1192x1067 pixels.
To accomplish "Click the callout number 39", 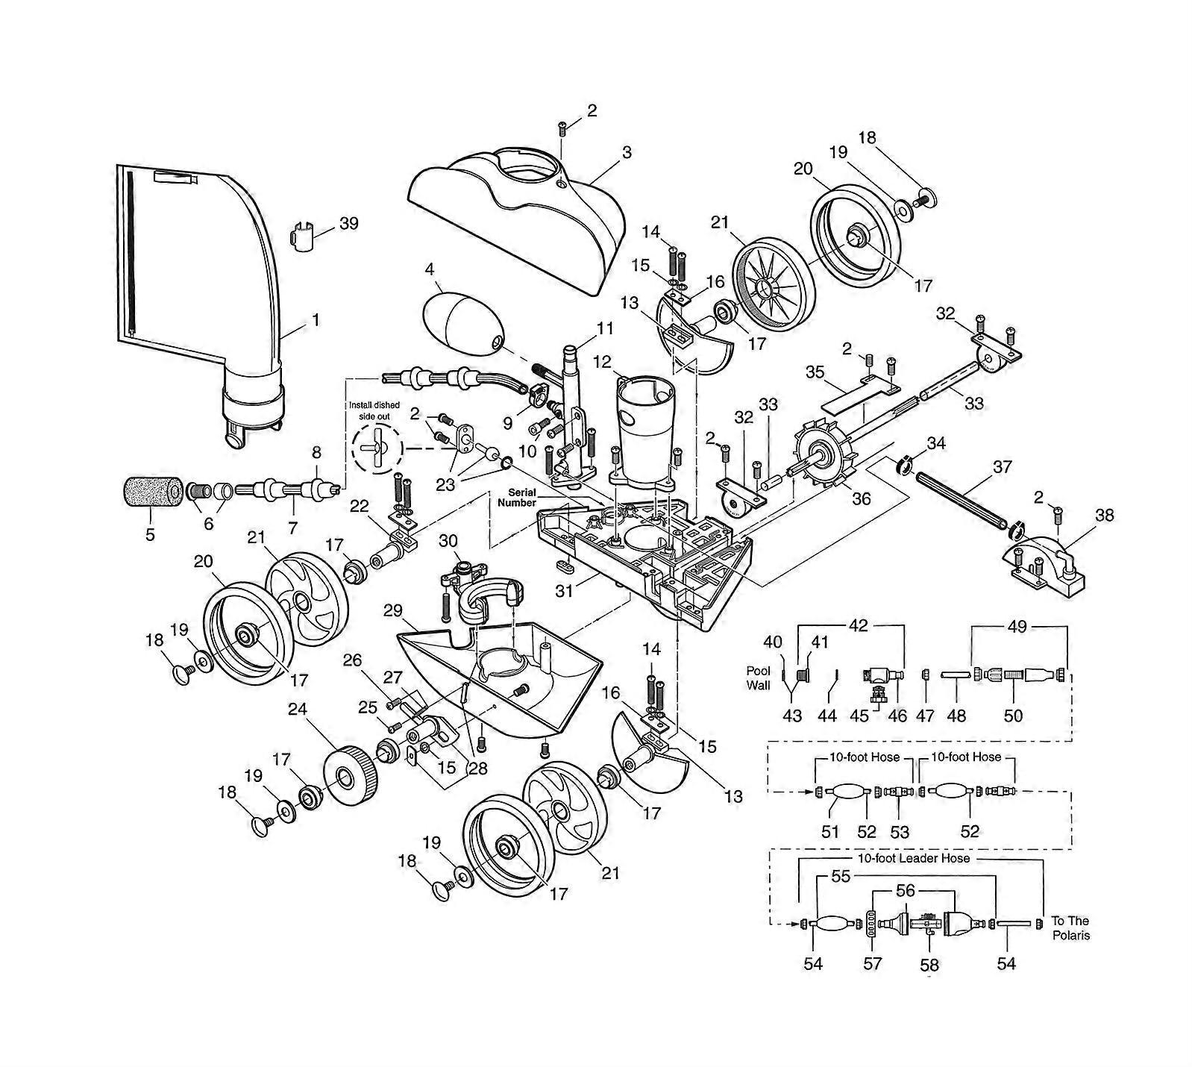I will click(348, 224).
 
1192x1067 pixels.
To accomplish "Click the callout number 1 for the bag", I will click(316, 320).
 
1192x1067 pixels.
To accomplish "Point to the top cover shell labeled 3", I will click(515, 216).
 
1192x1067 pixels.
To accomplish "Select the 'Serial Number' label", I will click(517, 498).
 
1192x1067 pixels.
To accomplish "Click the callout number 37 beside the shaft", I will click(1002, 467).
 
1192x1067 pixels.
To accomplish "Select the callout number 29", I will click(393, 611).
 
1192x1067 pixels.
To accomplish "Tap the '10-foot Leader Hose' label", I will click(913, 858).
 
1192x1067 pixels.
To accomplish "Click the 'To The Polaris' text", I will click(1070, 927).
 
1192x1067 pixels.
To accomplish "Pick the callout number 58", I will click(929, 965).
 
